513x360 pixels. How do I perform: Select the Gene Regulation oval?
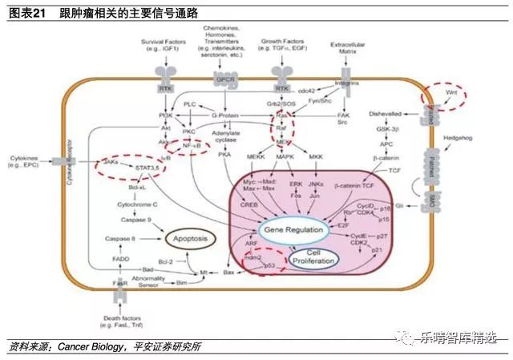click(293, 230)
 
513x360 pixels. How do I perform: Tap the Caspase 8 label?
click(121, 239)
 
